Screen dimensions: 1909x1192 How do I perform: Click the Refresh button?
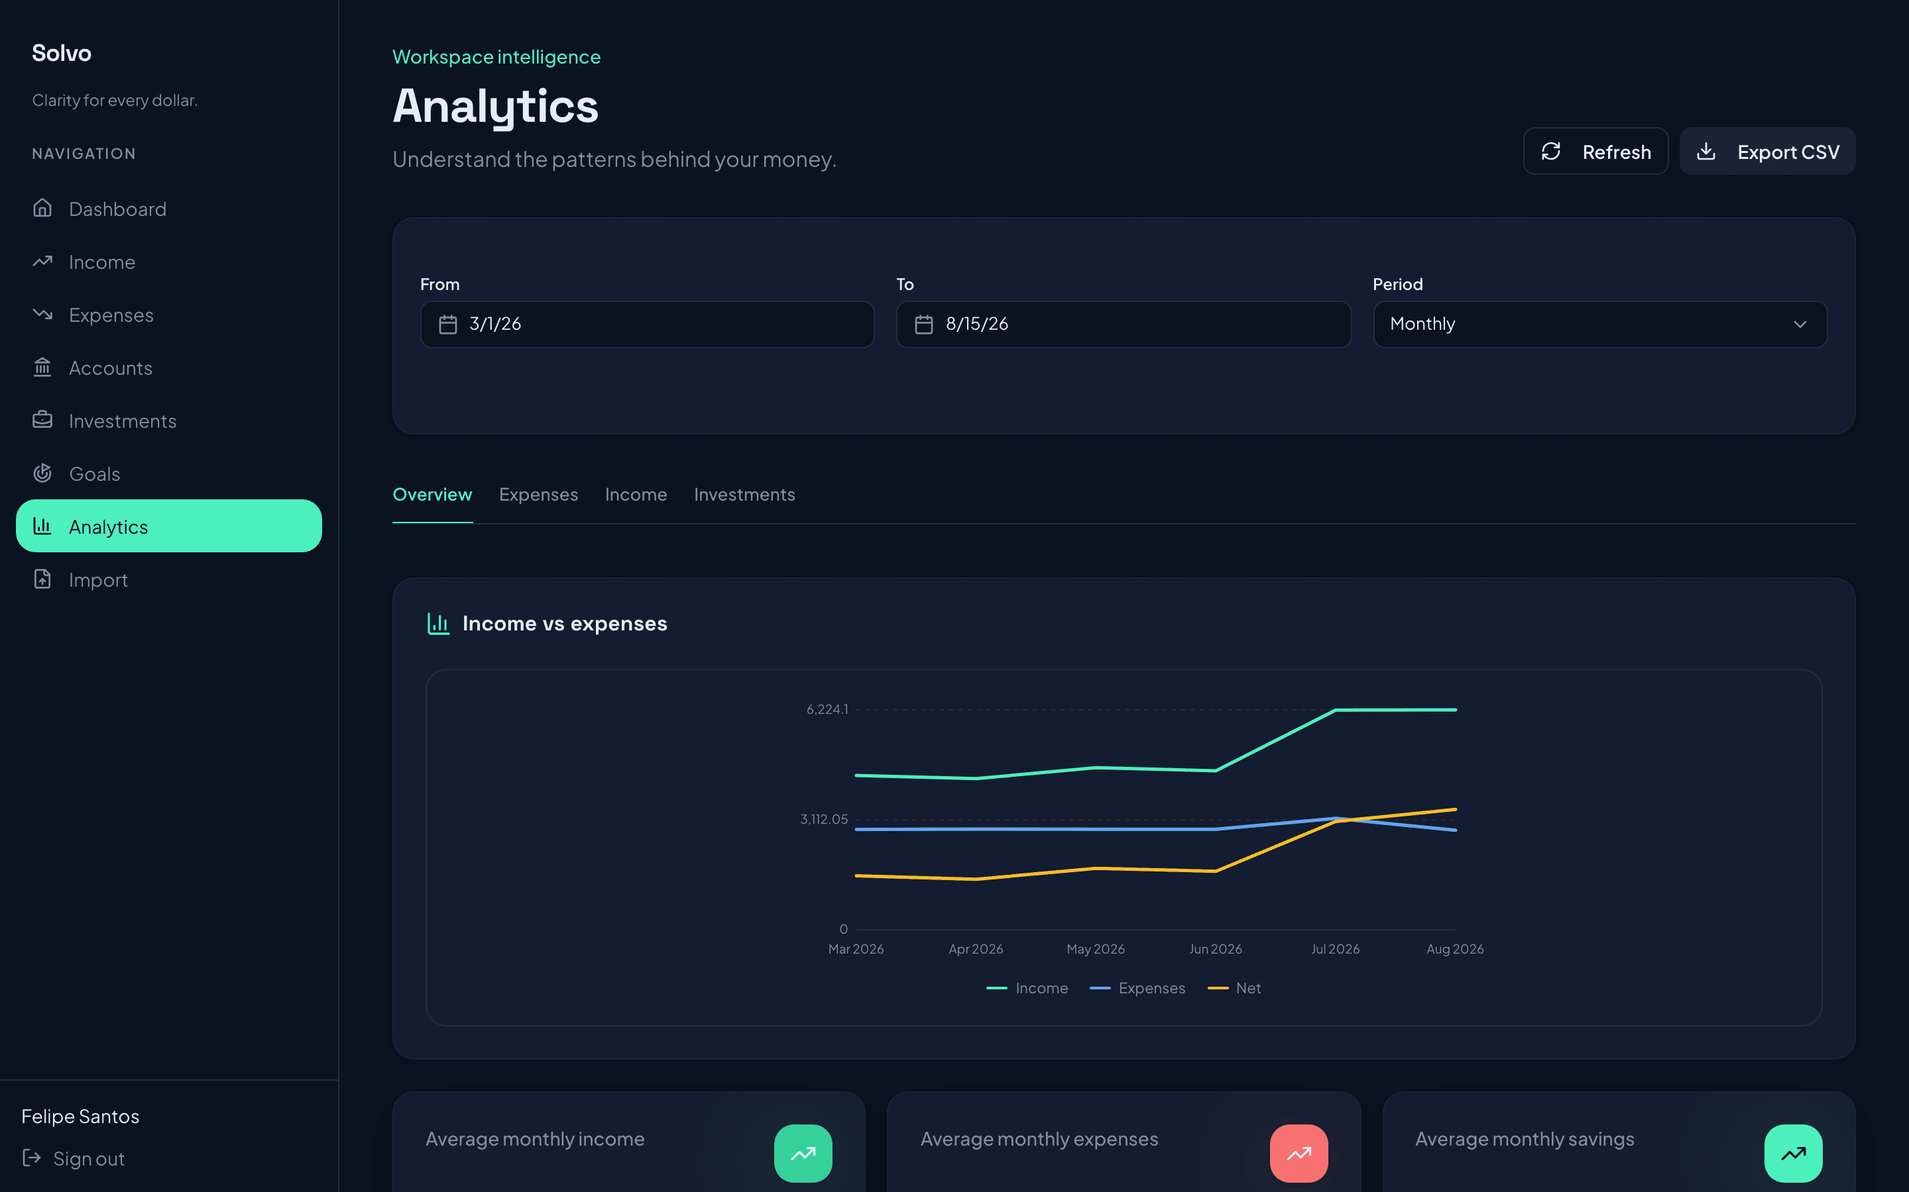(x=1595, y=152)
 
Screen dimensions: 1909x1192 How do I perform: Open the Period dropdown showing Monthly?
(x=1599, y=324)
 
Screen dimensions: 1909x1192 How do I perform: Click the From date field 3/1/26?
(x=647, y=324)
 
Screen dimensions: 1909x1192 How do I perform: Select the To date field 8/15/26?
(x=1124, y=324)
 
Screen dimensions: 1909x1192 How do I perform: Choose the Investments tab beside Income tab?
(x=744, y=494)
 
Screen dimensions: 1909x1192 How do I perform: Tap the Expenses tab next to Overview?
(x=538, y=494)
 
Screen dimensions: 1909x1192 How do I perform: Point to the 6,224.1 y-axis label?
(x=827, y=709)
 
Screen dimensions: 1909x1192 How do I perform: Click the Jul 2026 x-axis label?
(x=1335, y=949)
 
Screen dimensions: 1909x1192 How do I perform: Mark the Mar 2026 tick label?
(x=856, y=949)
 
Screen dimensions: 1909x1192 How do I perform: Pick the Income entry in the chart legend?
(x=1027, y=988)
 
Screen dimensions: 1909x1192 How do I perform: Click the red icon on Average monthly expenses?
(x=1299, y=1154)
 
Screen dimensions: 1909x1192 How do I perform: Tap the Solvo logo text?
(x=62, y=53)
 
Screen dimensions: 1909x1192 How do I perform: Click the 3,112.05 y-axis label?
(x=823, y=819)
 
